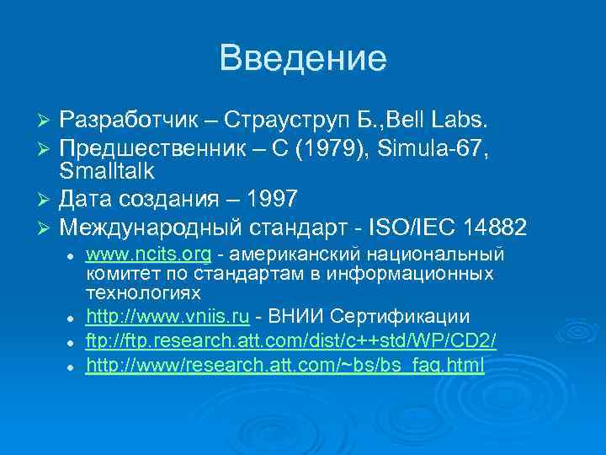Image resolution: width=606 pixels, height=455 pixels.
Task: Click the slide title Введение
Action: (x=303, y=59)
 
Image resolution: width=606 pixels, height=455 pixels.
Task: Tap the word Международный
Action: (x=152, y=227)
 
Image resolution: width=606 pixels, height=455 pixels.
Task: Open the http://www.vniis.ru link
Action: (x=167, y=317)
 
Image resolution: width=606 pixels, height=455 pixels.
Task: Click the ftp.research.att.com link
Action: (x=291, y=341)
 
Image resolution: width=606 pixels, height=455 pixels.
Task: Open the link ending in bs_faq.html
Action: (x=285, y=365)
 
